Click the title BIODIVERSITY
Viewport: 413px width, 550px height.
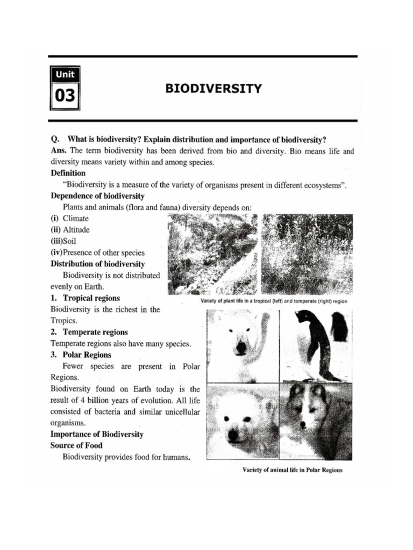coord(213,88)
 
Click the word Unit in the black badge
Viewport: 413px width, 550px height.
coord(65,74)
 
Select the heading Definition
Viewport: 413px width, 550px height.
coord(68,173)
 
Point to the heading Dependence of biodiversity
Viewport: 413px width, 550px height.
coord(97,196)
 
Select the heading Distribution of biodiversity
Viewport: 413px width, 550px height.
coord(98,264)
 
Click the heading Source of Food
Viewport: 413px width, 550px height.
coord(76,445)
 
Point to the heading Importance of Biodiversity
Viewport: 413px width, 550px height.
coord(97,433)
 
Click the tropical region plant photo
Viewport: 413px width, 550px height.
coord(212,254)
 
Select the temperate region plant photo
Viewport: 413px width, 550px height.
coord(307,254)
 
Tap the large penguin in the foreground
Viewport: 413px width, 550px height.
coord(317,344)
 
